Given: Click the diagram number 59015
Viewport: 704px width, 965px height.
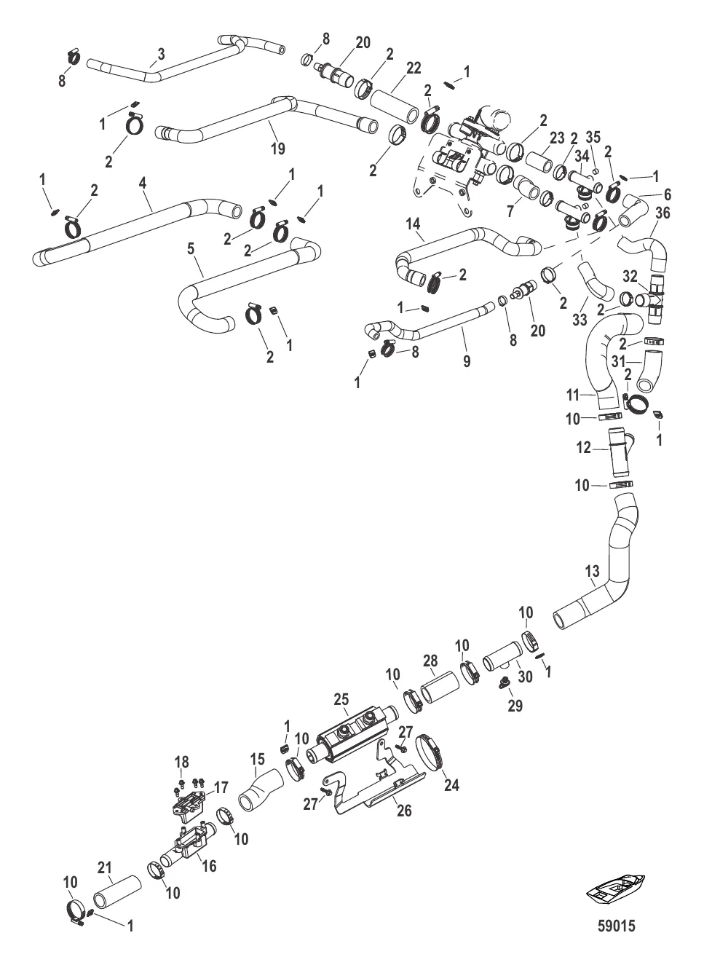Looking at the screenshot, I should [616, 926].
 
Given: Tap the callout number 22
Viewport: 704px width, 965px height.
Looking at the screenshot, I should [414, 68].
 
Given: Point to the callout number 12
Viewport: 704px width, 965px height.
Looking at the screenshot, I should [585, 449].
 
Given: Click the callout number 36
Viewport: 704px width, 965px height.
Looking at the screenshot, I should [663, 213].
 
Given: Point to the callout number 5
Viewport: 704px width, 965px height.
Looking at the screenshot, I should [191, 248].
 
